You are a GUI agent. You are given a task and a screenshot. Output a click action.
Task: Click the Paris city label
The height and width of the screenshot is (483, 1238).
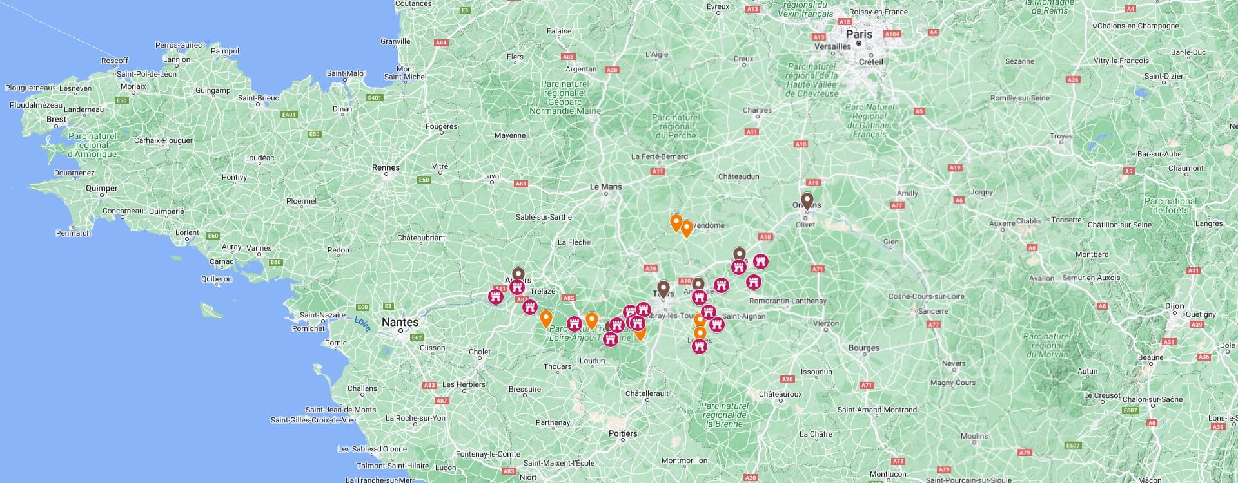(x=859, y=34)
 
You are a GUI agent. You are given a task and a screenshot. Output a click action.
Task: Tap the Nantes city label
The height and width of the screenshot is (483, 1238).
(x=400, y=322)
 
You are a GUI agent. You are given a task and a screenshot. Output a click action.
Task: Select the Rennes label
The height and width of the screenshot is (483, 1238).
(x=386, y=167)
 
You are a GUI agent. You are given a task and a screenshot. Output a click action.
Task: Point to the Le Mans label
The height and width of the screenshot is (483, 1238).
(x=606, y=187)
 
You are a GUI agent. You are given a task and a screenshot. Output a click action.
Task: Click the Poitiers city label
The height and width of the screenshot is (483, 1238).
(x=623, y=433)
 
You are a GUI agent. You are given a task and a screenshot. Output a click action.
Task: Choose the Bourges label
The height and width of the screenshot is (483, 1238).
(x=864, y=348)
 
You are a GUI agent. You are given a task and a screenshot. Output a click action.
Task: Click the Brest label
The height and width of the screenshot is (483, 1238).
(x=56, y=119)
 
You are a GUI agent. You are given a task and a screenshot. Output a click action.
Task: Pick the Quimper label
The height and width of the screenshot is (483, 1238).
(x=102, y=188)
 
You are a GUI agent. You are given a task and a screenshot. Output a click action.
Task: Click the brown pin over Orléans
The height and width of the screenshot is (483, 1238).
(x=807, y=200)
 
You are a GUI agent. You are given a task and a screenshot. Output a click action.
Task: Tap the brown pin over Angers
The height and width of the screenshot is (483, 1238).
(x=518, y=274)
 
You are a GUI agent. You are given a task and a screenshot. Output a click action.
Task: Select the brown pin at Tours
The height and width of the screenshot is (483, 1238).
(x=663, y=288)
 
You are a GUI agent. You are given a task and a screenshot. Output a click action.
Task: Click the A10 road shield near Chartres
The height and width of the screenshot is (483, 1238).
(x=801, y=144)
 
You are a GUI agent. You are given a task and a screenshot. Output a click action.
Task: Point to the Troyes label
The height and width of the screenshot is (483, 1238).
(x=1061, y=136)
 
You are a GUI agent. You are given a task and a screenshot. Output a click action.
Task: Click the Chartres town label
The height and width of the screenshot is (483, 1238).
(x=757, y=110)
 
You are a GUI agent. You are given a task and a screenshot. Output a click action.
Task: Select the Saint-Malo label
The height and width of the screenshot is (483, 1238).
(x=346, y=73)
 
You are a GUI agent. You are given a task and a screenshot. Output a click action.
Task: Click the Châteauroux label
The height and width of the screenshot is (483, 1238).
(x=780, y=394)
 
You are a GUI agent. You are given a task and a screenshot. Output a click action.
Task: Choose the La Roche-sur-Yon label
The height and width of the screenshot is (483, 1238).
(x=415, y=418)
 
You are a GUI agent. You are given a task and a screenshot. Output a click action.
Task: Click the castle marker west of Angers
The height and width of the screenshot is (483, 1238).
(x=496, y=297)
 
